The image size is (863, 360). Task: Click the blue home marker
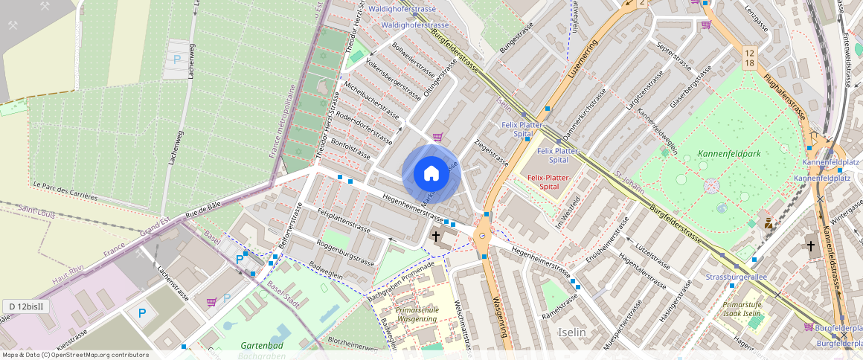tap(431, 174)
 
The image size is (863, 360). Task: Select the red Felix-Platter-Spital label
tap(548, 182)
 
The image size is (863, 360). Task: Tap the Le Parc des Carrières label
tap(65, 191)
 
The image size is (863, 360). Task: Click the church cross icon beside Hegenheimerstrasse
tap(436, 236)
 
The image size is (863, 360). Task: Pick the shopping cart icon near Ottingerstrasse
tap(437, 136)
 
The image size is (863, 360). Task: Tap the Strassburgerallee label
tap(736, 277)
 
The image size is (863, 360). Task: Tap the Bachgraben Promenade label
tap(401, 282)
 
